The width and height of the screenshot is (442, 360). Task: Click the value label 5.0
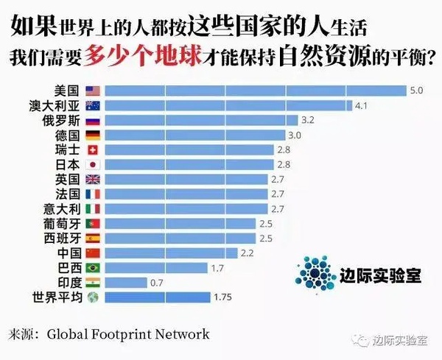pyautogui.click(x=416, y=91)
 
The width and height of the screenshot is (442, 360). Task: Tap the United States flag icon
pyautogui.click(x=93, y=91)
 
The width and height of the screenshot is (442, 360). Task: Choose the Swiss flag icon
pyautogui.click(x=93, y=150)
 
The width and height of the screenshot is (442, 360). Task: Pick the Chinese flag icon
pyautogui.click(x=93, y=253)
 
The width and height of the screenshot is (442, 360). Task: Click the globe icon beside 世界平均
pyautogui.click(x=93, y=297)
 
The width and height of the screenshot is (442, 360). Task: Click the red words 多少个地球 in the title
pyautogui.click(x=144, y=57)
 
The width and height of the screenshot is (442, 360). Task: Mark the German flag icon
pyautogui.click(x=93, y=135)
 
